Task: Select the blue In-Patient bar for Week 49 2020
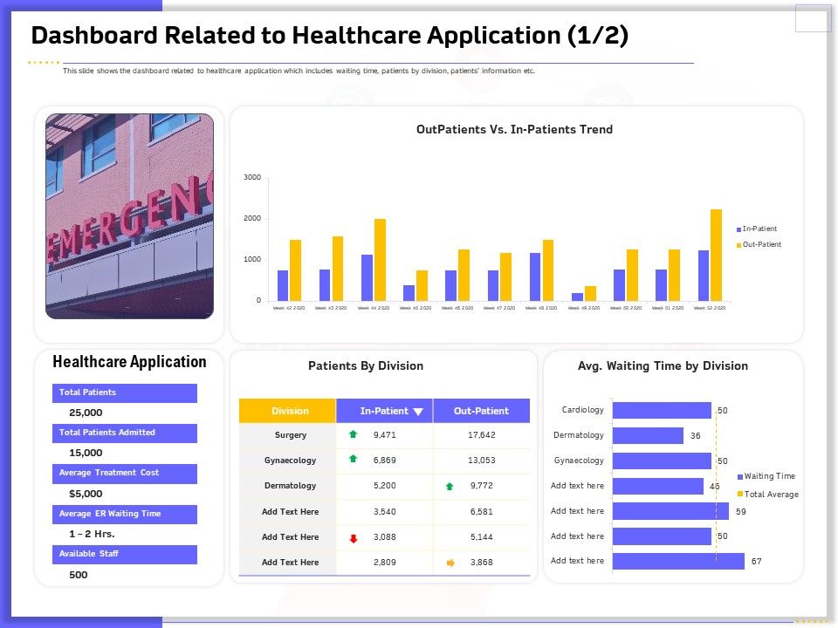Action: click(577, 297)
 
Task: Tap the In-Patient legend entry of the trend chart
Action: click(759, 229)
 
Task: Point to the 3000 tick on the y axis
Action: click(252, 177)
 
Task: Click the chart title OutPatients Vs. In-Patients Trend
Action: click(514, 129)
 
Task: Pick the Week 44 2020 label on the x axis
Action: click(374, 308)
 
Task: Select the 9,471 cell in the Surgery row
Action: click(385, 434)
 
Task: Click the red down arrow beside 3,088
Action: click(354, 538)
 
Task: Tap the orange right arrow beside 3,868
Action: click(450, 563)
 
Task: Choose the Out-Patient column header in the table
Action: click(481, 411)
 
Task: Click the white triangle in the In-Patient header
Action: click(418, 412)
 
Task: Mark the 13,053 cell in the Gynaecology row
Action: click(482, 460)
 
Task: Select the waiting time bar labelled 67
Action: click(678, 561)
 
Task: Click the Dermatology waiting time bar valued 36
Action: click(648, 435)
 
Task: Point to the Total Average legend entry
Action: click(771, 494)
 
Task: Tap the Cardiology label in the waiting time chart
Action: click(582, 410)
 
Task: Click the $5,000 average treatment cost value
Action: click(86, 493)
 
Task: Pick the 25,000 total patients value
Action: click(86, 413)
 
